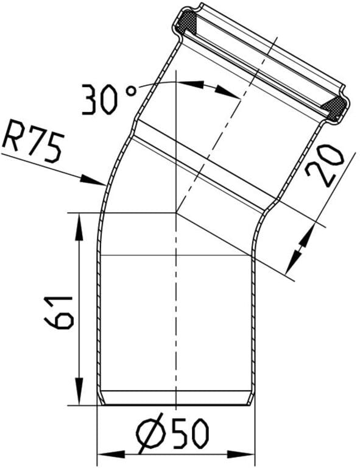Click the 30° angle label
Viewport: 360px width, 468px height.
109,100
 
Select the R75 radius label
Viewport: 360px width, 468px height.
34,141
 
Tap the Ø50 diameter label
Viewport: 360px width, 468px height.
172,433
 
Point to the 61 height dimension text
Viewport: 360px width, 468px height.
58,313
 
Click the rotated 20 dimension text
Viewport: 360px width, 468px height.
325,166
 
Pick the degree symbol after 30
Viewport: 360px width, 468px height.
131,91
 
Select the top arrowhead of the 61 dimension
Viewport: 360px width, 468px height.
79,226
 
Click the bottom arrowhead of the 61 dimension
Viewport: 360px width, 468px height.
79,391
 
